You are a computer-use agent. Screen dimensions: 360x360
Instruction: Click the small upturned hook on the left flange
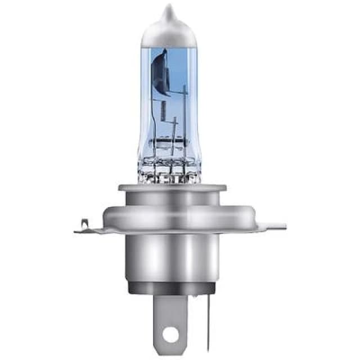tap(85, 224)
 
